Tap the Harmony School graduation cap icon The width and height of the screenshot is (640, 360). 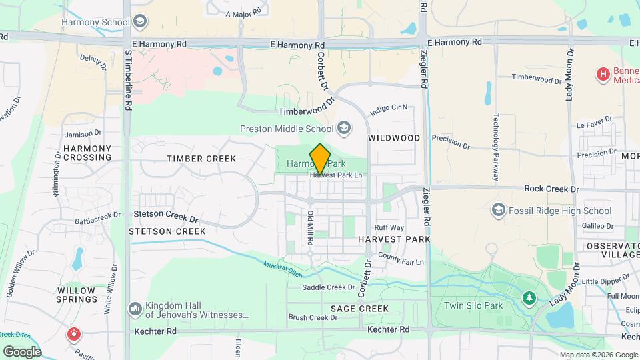coord(140,22)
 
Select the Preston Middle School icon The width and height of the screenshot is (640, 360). coord(344,128)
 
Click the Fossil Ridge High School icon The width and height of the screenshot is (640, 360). coord(498,211)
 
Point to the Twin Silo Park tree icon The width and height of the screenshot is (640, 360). coord(529,297)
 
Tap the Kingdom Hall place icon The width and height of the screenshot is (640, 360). coord(135,308)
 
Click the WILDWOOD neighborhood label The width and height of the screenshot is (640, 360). coord(394,138)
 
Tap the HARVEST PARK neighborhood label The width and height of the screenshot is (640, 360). coord(393,239)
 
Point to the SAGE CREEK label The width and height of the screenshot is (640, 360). coord(359,309)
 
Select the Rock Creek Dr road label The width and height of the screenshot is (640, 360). coord(551,189)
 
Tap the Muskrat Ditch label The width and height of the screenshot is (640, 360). coord(281,269)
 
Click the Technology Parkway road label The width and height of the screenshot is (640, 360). coord(496,147)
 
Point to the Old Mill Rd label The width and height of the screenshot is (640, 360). coord(310,227)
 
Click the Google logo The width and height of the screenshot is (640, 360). coord(22,351)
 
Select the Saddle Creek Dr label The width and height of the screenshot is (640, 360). coord(329,287)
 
